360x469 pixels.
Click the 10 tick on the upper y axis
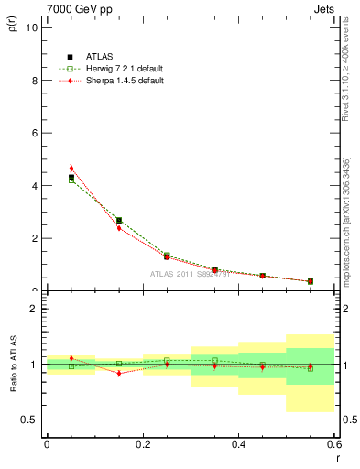(32, 27)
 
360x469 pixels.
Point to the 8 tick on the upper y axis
(34, 80)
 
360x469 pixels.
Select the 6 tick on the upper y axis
(34, 133)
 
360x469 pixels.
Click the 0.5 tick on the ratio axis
(29, 420)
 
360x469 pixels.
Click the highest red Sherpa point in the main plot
(71, 169)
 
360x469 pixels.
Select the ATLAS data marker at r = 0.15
(119, 220)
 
